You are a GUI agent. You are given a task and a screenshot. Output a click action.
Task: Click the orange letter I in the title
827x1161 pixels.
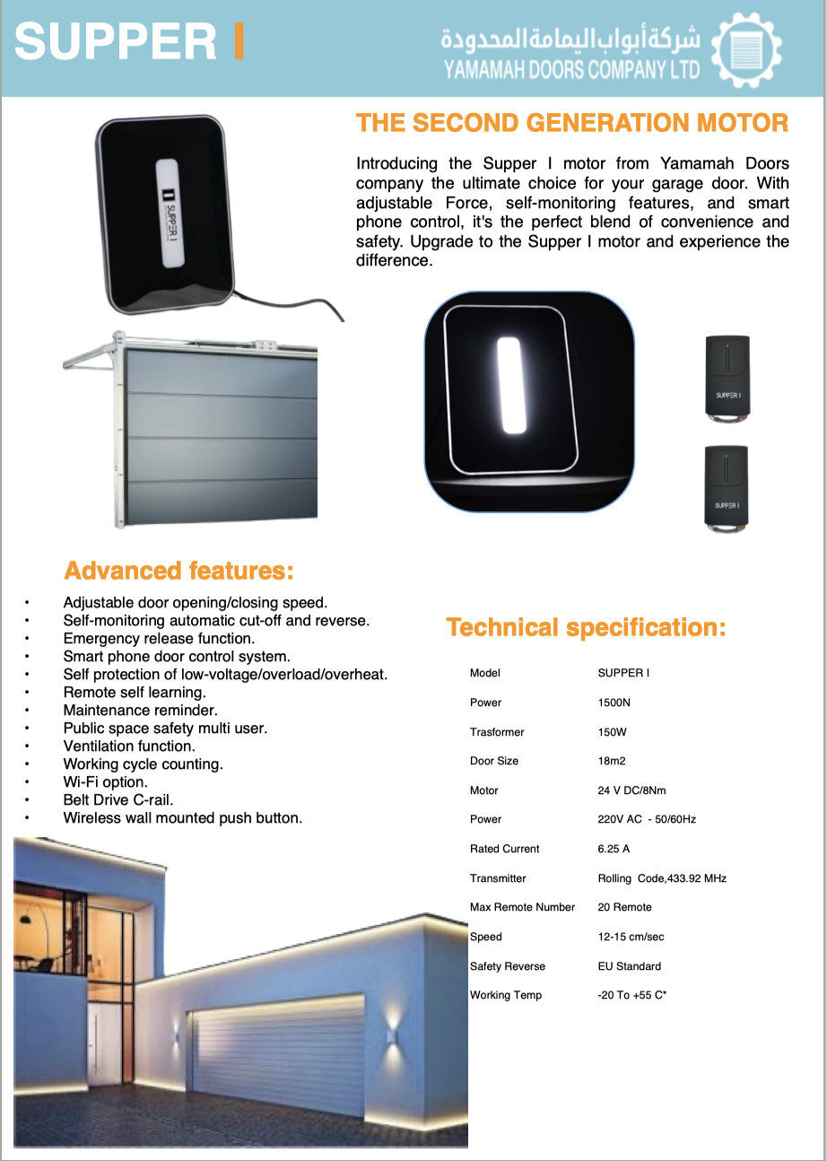pyautogui.click(x=238, y=42)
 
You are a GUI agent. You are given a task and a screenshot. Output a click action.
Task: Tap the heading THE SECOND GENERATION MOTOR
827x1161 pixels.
pyautogui.click(x=572, y=123)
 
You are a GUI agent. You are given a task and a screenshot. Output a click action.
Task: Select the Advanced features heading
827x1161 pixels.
pyautogui.click(x=178, y=571)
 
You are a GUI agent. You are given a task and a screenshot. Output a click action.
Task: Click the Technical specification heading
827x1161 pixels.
pyautogui.click(x=586, y=627)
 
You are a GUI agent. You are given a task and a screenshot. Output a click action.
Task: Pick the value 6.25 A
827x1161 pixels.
pyautogui.click(x=614, y=849)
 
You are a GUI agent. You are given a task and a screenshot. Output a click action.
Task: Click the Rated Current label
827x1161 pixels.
pyautogui.click(x=504, y=849)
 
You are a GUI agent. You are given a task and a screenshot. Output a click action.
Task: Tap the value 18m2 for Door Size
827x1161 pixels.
pyautogui.click(x=612, y=761)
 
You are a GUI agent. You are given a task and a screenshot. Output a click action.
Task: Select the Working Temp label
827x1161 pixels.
pyautogui.click(x=505, y=995)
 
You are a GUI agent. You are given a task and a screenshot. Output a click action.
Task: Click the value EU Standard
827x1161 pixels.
pyautogui.click(x=629, y=966)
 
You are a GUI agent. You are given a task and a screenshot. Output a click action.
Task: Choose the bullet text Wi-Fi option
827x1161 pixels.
pyautogui.click(x=105, y=781)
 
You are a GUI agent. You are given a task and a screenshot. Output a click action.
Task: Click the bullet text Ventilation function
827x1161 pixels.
pyautogui.click(x=129, y=746)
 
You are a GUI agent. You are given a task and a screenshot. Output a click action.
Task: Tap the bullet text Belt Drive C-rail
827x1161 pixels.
pyautogui.click(x=118, y=799)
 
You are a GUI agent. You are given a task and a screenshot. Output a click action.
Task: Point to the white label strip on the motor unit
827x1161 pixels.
pyautogui.click(x=170, y=214)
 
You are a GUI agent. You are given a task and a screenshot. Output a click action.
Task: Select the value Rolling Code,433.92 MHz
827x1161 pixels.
pyautogui.click(x=662, y=878)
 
